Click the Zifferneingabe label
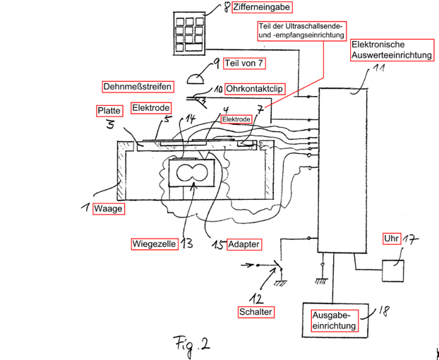[x=262, y=7]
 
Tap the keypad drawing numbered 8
[x=189, y=34]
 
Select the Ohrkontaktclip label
[x=255, y=89]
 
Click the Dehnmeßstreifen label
[x=138, y=87]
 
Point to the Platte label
[x=109, y=111]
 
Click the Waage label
[x=109, y=208]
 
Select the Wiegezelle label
[x=155, y=244]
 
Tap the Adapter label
[x=244, y=244]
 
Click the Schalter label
[x=256, y=312]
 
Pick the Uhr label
[x=392, y=239]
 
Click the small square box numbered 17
[x=393, y=270]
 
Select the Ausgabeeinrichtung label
[x=335, y=320]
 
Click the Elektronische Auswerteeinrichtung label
[x=392, y=50]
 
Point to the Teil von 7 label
[x=244, y=64]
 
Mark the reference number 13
[x=187, y=244]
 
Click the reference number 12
[x=256, y=299]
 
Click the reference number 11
[x=378, y=68]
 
